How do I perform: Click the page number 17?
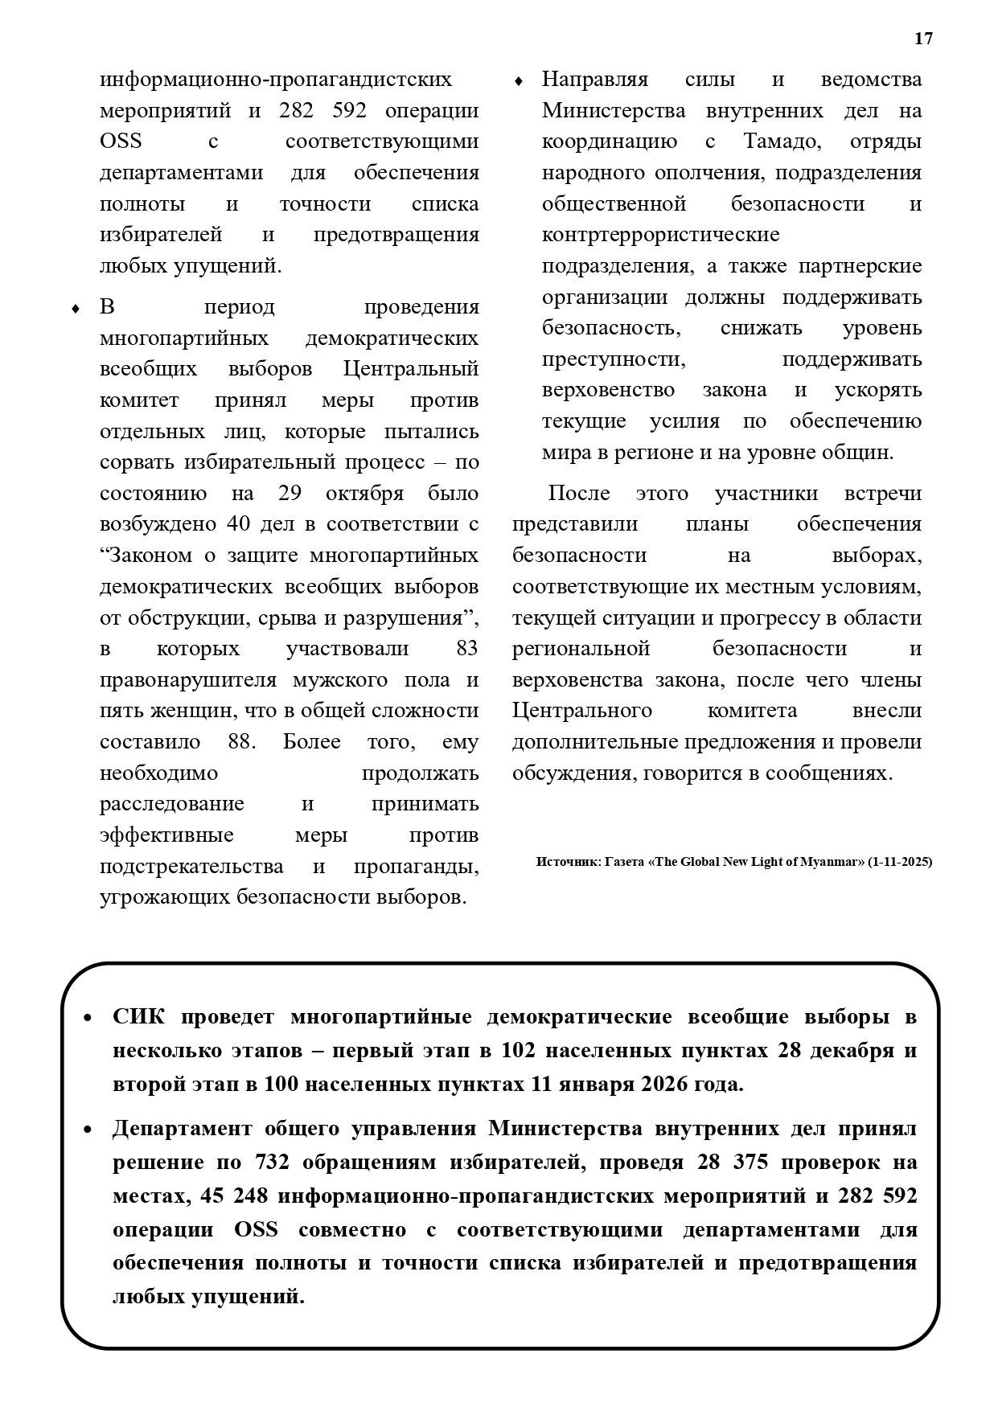(923, 39)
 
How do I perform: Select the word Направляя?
(594, 80)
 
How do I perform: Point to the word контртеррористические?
(660, 235)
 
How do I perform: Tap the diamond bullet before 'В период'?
(76, 309)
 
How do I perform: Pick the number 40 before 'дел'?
(239, 524)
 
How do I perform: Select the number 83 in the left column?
(466, 648)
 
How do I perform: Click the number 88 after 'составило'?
(241, 741)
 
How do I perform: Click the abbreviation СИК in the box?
(138, 1017)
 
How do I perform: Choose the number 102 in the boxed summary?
(519, 1051)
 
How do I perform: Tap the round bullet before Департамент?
(88, 1130)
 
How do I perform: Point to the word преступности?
(614, 359)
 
